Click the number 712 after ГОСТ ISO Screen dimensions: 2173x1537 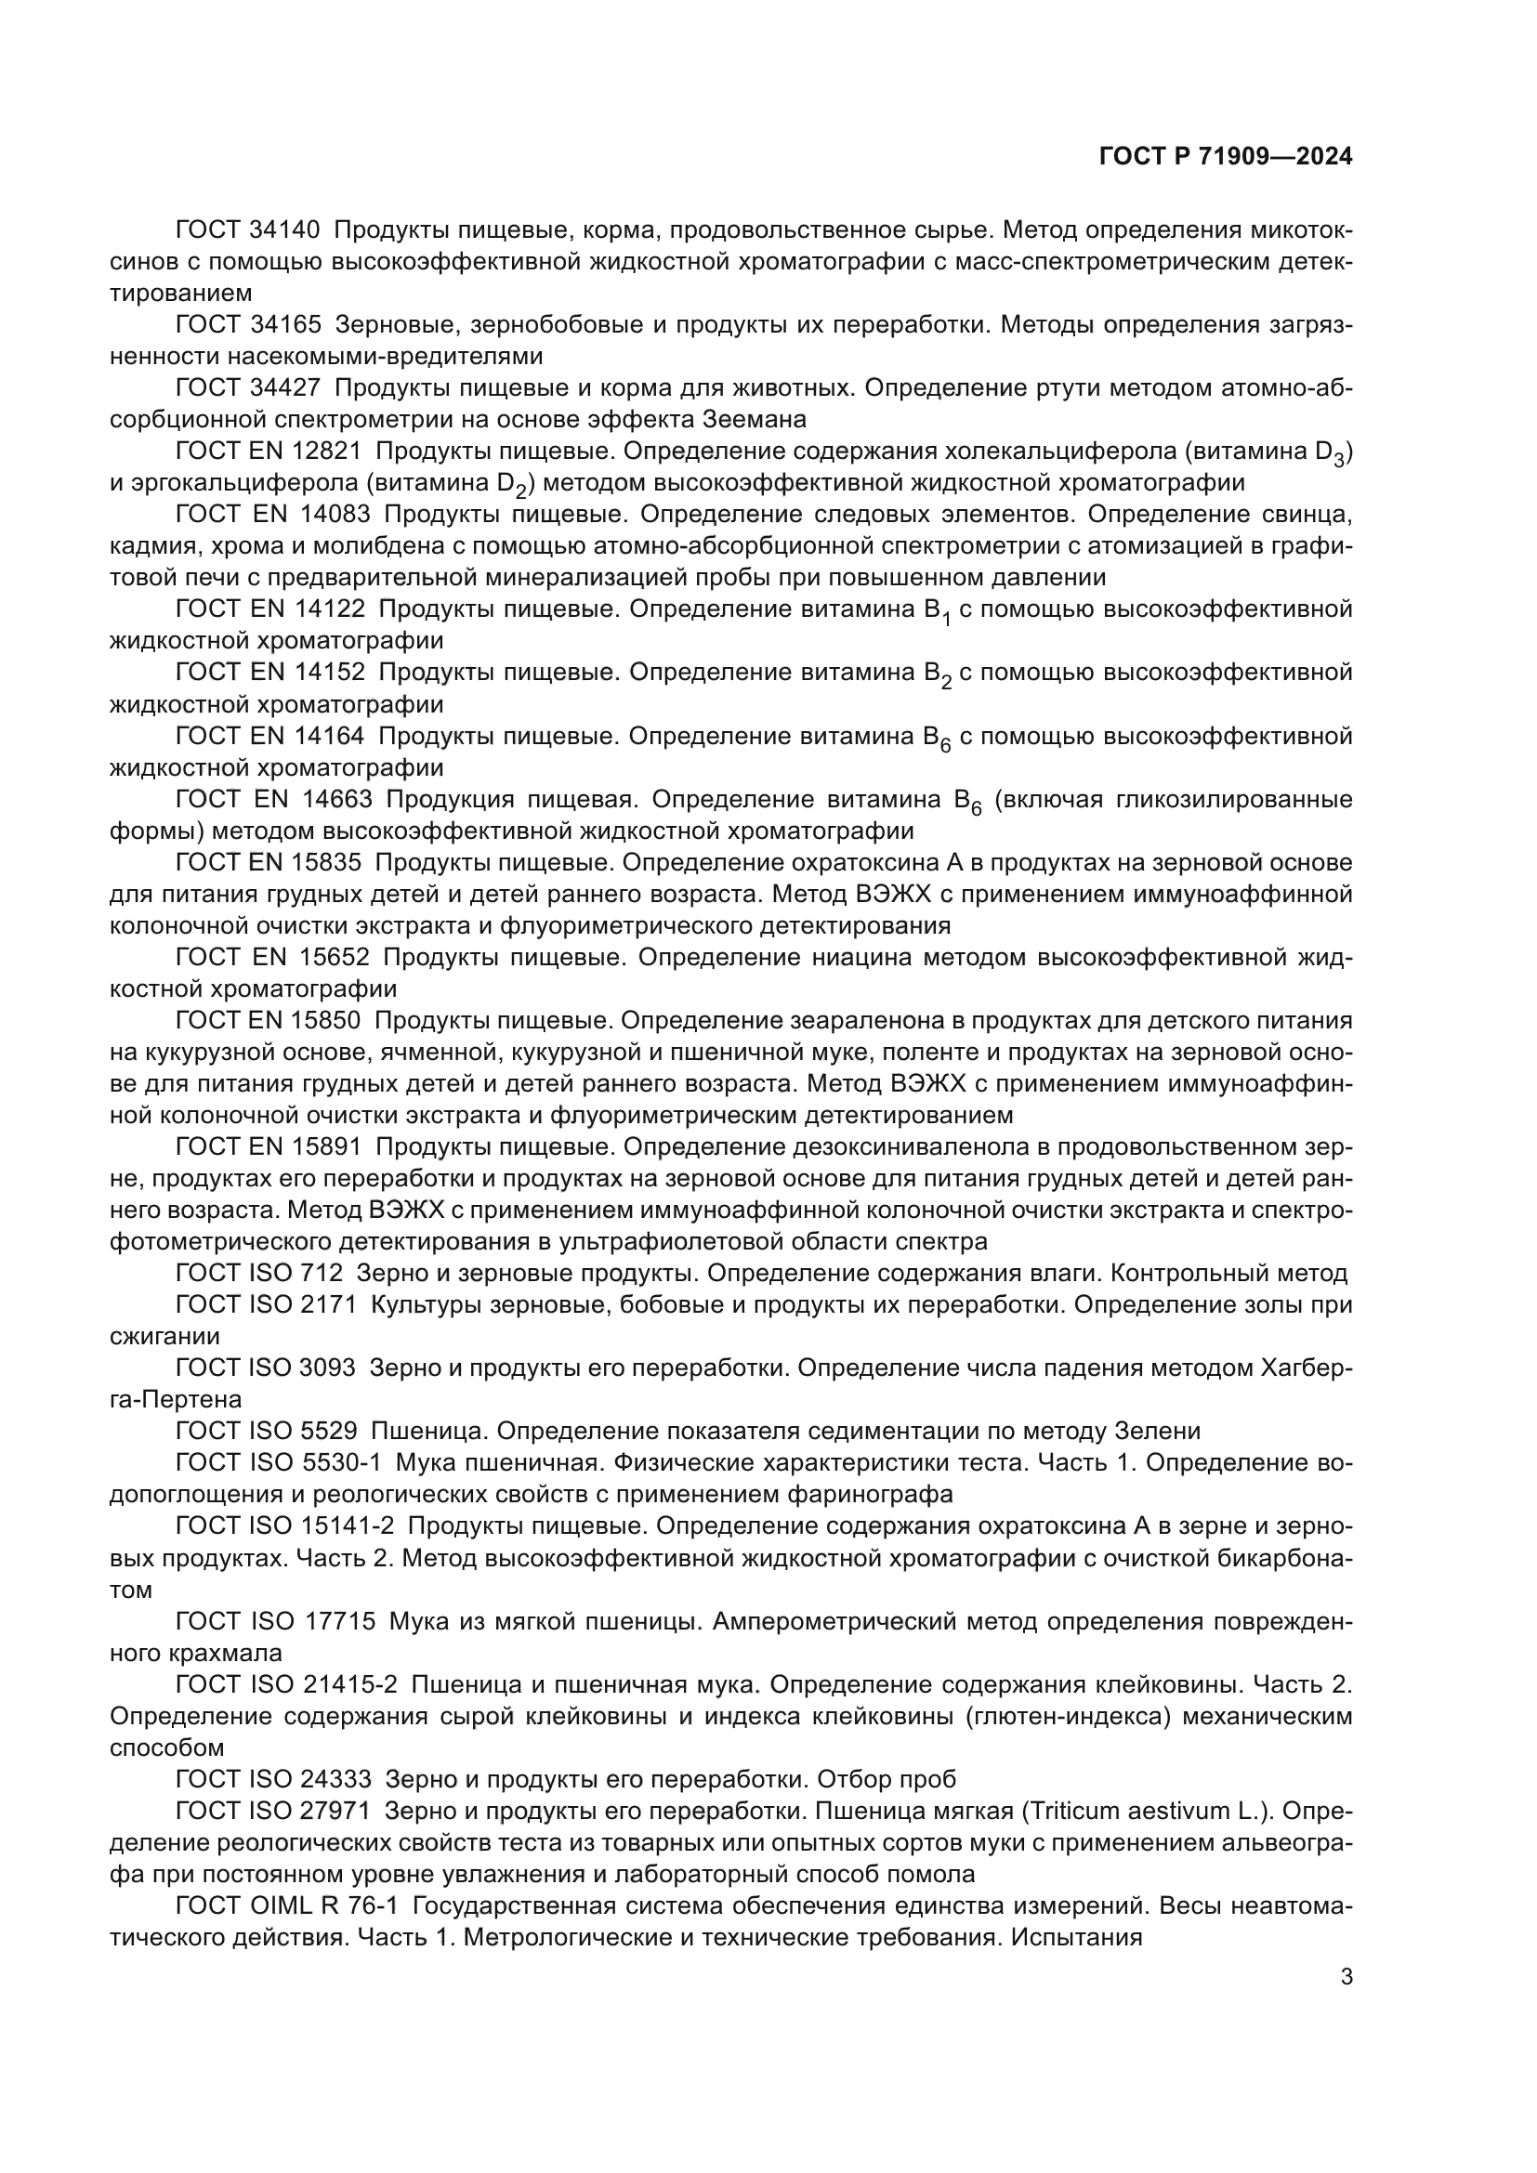point(322,1274)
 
